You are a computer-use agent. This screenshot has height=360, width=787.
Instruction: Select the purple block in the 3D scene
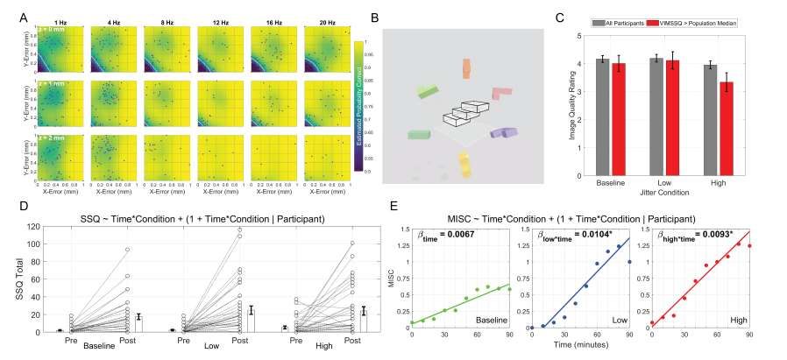(503, 132)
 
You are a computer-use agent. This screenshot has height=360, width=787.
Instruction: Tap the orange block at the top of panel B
(465, 68)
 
